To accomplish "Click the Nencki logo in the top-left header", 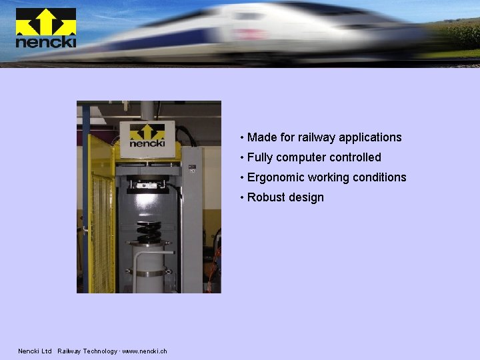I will pos(45,28).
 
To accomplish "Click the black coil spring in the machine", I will pos(149,232).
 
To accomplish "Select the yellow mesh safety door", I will pos(102,213).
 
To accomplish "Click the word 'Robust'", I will pos(266,197).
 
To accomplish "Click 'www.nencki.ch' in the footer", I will pos(145,351).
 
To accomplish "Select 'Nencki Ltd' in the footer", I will pos(35,351).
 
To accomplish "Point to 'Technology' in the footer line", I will pos(98,351).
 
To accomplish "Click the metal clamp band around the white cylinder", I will pos(150,272).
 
